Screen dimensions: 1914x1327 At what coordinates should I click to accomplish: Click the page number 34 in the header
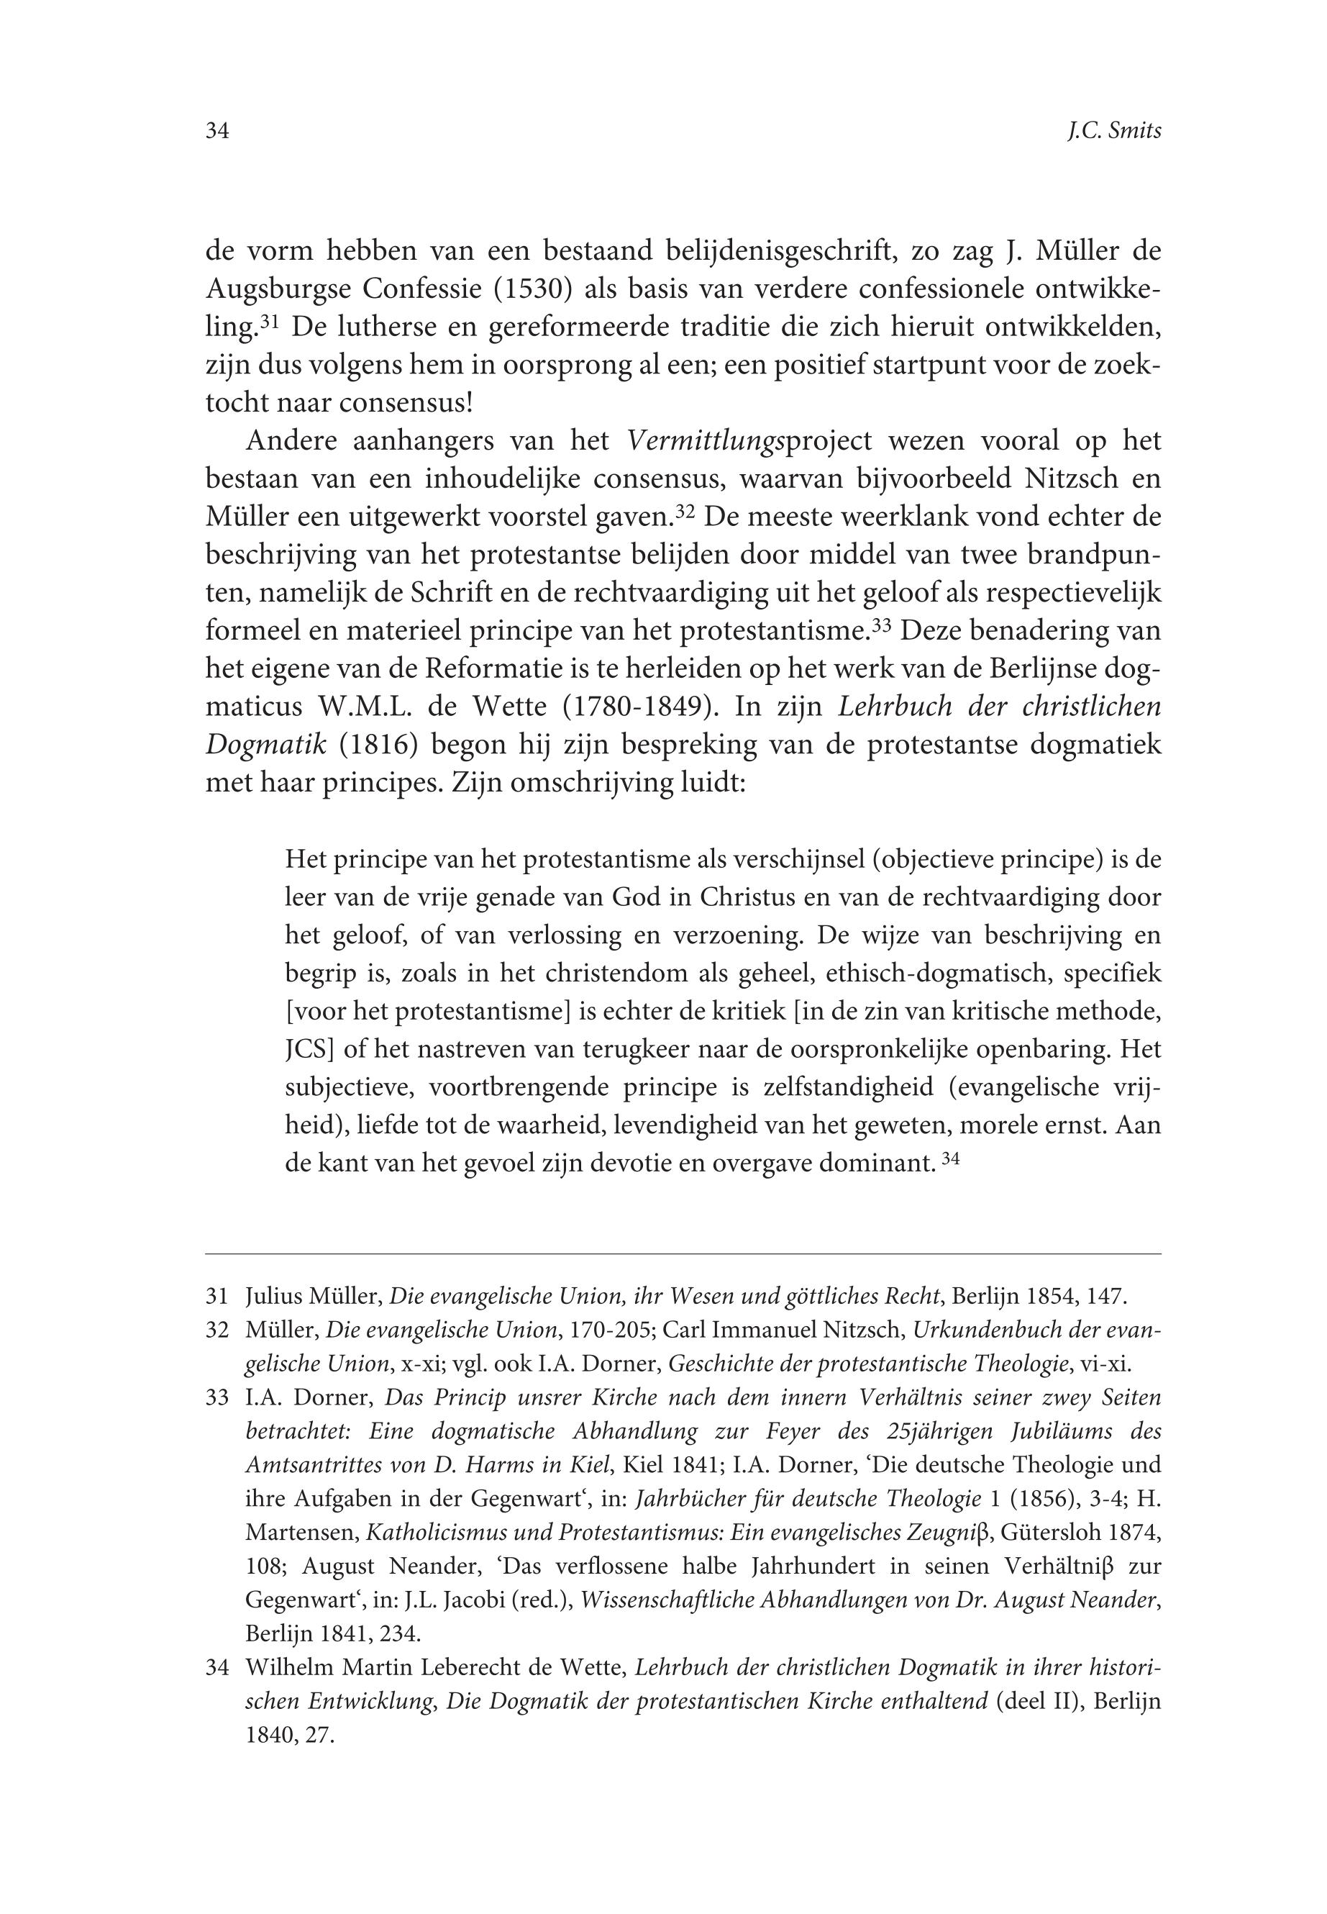(x=217, y=132)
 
